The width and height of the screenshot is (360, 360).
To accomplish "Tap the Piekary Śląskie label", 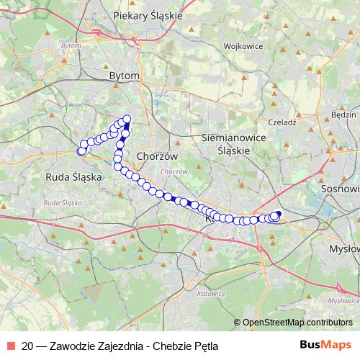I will point(148,14).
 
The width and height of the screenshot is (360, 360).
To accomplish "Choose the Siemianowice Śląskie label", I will point(233,144).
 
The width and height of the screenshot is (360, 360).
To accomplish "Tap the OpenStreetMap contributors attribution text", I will point(297,322).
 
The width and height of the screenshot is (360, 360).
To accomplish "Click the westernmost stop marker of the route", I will point(81,150).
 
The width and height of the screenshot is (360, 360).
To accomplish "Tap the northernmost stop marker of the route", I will point(127,119).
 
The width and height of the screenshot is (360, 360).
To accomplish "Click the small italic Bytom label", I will point(71,45).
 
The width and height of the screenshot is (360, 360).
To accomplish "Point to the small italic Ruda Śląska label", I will point(61,204).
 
